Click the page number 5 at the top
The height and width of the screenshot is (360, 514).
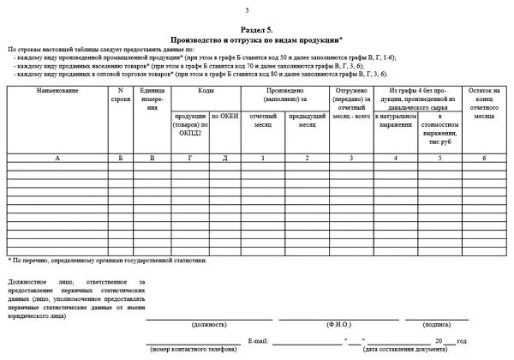coord(248,9)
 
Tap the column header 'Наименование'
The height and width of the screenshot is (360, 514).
coord(58,90)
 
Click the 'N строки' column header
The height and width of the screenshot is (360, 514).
coord(120,94)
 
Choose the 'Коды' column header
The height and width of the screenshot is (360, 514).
coord(206,90)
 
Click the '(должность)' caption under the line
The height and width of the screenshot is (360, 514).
coord(209,326)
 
